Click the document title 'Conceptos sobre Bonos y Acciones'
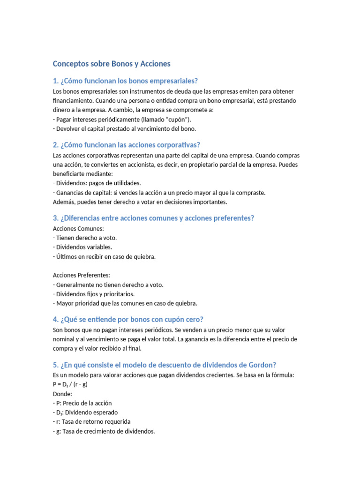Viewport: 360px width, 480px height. pos(112,63)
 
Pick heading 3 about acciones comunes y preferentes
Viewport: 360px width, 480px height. pos(153,218)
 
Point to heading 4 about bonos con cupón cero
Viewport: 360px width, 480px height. pos(128,319)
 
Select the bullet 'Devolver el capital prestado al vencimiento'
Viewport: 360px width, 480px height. pos(125,128)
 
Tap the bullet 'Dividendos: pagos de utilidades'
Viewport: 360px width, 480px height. pos(97,183)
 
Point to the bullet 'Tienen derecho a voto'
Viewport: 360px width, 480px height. pos(85,238)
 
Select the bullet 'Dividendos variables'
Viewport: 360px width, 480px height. pos(82,247)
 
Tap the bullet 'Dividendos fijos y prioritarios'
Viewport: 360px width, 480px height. pos(94,294)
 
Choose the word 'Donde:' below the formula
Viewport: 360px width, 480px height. pos(63,394)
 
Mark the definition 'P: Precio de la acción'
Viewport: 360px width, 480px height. pos(82,403)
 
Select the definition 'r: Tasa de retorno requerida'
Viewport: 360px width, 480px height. pos(92,421)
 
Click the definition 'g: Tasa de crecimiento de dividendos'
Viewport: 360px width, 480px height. pos(104,431)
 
